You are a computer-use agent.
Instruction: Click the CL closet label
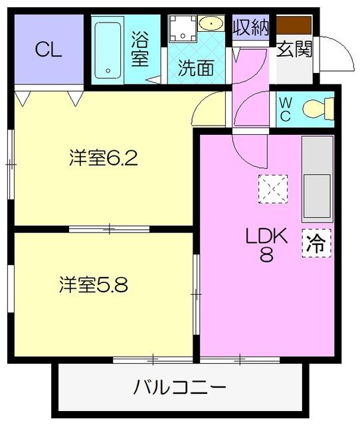48,50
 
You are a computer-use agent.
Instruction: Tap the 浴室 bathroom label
140,49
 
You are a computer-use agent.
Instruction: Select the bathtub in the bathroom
108,50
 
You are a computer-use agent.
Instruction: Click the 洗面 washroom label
195,68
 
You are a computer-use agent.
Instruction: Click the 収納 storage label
250,27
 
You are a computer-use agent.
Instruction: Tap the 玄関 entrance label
294,50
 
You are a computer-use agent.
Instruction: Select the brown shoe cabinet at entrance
294,25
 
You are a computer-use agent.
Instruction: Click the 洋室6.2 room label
103,159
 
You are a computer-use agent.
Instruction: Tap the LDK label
266,236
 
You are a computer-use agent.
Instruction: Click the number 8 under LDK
266,255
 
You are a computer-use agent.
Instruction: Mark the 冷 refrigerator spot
317,243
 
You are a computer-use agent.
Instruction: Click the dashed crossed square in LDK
272,189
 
